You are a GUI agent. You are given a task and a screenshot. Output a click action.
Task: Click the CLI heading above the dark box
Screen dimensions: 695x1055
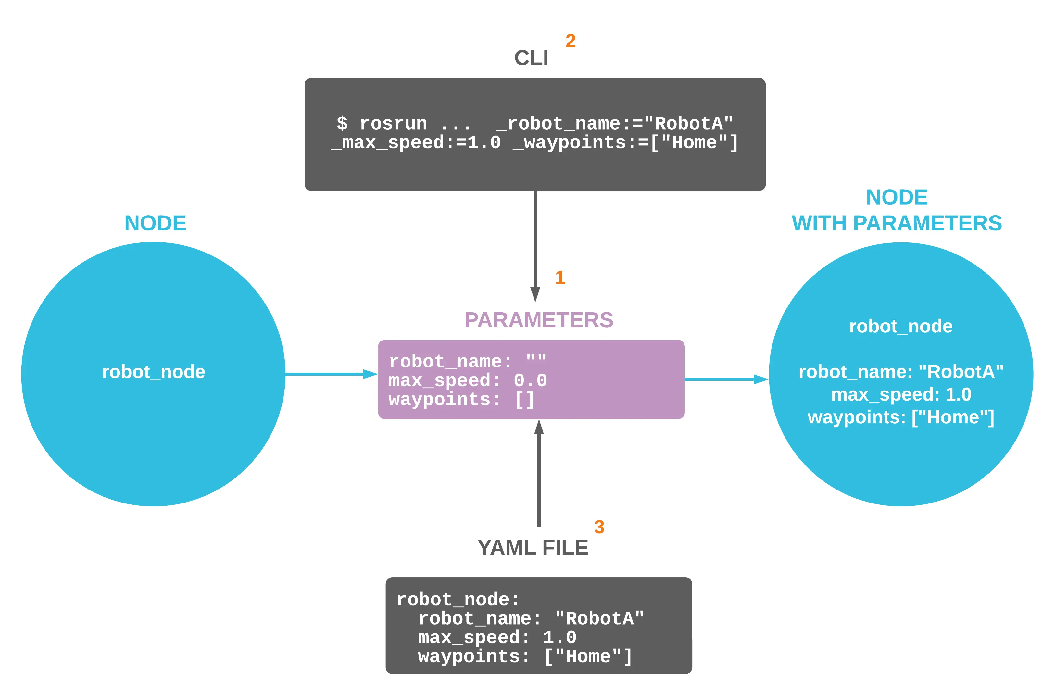pos(531,58)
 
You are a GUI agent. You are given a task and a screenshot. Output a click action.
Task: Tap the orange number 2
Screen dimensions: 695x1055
pos(571,41)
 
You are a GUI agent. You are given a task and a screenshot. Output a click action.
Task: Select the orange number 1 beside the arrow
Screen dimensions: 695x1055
pos(560,278)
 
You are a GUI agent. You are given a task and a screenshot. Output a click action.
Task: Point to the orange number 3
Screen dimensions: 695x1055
pos(599,527)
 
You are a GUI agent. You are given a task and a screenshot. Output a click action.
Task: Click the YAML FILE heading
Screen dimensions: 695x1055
pos(533,548)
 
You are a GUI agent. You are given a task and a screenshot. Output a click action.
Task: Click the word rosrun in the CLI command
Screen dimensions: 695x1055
pos(393,124)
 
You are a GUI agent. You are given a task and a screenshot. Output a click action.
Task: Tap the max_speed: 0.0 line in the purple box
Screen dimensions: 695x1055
pos(468,381)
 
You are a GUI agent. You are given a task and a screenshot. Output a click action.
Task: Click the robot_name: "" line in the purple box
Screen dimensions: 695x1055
pos(467,362)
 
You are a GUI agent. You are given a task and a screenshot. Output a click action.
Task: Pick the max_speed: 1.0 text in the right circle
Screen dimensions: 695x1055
pos(901,394)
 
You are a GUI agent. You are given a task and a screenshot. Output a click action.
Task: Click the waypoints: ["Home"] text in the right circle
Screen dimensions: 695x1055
pos(901,417)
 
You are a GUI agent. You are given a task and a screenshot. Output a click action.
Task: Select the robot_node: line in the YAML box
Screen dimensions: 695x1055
pos(458,600)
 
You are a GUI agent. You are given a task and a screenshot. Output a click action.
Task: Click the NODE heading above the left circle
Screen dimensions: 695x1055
pos(155,223)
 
